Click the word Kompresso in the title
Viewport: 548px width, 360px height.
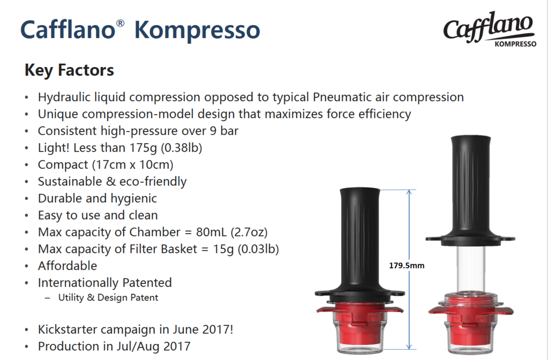tap(197, 30)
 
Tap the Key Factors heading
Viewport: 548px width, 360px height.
tap(69, 70)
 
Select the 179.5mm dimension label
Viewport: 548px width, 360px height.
tap(407, 266)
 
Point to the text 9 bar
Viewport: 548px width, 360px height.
tap(224, 131)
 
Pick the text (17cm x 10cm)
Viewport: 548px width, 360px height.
tap(132, 164)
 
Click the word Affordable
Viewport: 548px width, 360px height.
tap(67, 266)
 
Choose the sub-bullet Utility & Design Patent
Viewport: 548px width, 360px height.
tap(108, 297)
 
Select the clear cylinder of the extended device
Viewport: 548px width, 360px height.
tap(471, 269)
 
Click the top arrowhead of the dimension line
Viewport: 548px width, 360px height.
tap(409, 192)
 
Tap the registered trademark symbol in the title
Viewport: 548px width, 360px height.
tap(120, 23)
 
